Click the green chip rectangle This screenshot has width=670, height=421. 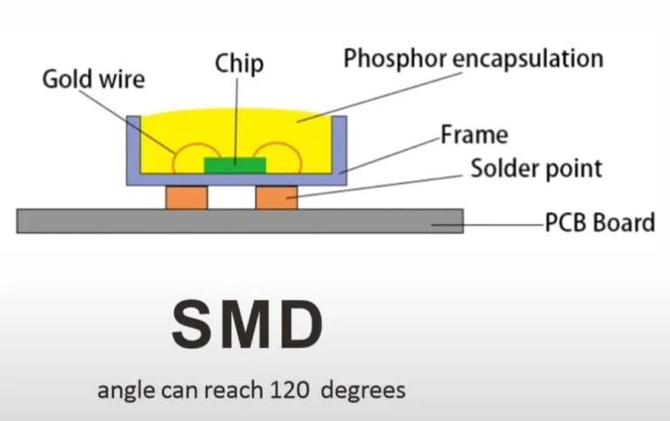click(235, 166)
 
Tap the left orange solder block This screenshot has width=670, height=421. click(187, 197)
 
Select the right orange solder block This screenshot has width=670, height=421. click(277, 197)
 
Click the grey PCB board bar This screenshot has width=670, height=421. click(240, 221)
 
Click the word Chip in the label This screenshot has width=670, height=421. click(239, 64)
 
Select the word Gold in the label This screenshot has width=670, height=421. click(66, 79)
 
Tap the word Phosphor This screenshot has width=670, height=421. click(395, 59)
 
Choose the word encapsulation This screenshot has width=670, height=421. click(528, 59)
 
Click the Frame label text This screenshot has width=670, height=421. click(475, 135)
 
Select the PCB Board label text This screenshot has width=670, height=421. click(600, 222)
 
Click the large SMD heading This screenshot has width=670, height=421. click(248, 324)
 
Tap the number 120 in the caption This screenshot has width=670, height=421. click(290, 390)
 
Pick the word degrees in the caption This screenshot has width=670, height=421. click(363, 391)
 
